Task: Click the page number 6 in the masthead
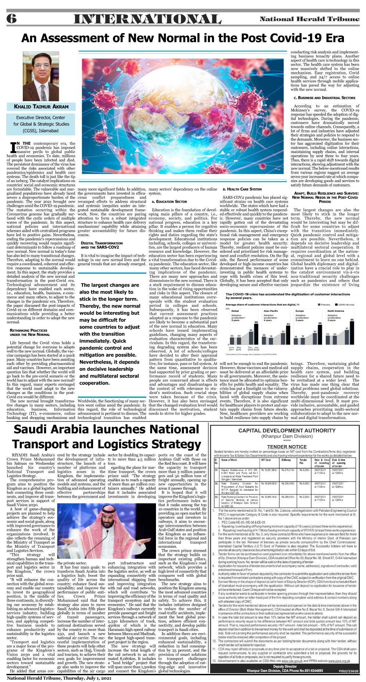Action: click(x=12, y=19)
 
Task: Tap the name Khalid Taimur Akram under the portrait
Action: click(x=41, y=107)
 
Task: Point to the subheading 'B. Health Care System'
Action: click(x=242, y=189)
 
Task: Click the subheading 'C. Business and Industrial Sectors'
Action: click(x=324, y=98)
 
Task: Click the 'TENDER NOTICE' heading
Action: click(x=287, y=447)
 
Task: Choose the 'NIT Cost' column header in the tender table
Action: click(x=266, y=460)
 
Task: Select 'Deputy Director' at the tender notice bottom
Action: click(x=285, y=666)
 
